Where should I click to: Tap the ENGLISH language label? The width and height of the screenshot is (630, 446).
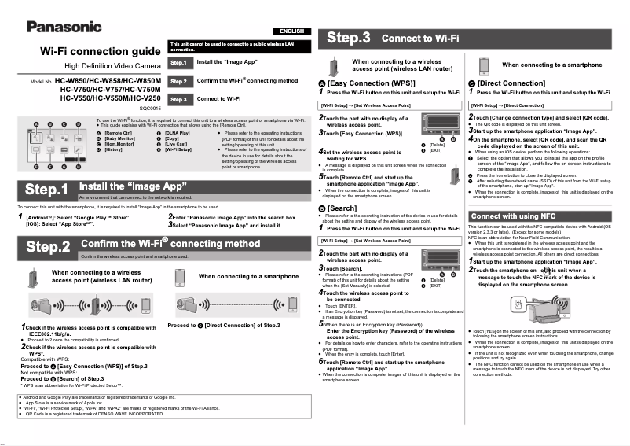(291, 31)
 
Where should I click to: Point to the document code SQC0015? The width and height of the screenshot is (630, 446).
(149, 107)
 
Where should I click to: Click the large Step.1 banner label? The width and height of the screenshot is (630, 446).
(46, 190)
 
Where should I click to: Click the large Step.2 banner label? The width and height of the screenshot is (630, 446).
(48, 246)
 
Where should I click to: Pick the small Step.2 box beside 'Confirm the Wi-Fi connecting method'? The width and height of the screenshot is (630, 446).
(178, 81)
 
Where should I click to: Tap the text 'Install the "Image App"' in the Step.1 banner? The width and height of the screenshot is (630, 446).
(133, 186)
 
